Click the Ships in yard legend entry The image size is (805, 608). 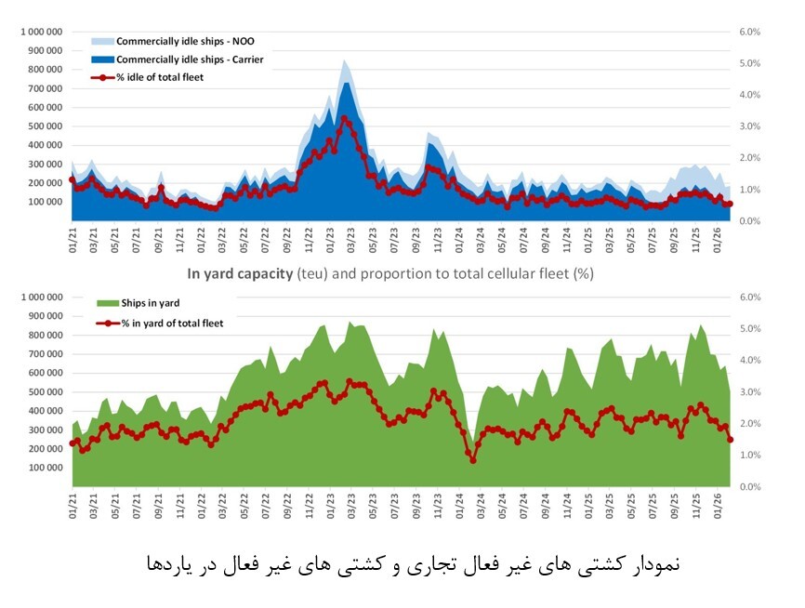tap(145, 303)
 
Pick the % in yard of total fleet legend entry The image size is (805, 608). tap(163, 323)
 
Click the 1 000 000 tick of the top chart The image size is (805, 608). tap(40, 32)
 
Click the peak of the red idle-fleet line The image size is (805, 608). tap(345, 119)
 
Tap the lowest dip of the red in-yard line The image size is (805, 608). tap(472, 459)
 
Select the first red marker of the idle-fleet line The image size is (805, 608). tap(73, 179)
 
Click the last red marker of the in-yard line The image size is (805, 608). tap(731, 440)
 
